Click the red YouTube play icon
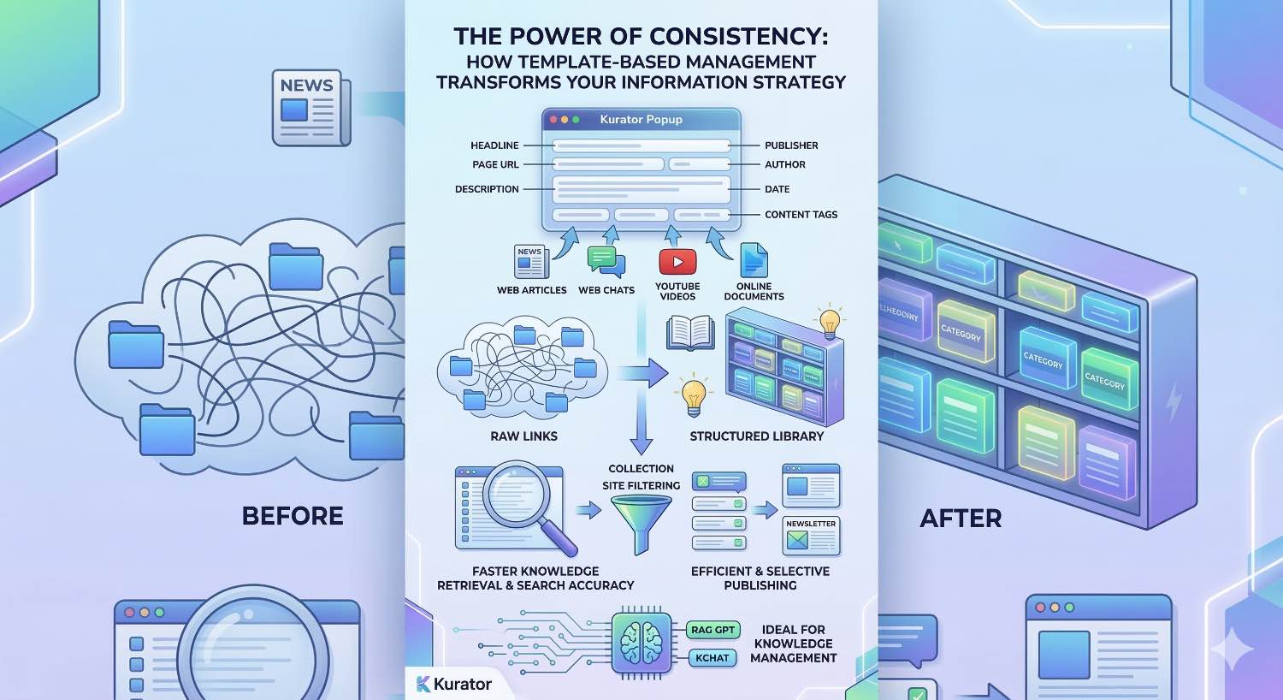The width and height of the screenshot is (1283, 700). [677, 262]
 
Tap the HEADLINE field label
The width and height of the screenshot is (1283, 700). [494, 145]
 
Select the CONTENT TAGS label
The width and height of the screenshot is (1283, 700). [801, 215]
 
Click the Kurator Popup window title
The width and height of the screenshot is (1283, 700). [641, 120]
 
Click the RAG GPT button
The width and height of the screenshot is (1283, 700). [712, 630]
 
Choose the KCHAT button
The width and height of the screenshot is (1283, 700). [712, 658]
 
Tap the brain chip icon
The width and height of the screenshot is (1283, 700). [642, 644]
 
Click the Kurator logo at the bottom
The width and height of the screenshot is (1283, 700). [453, 684]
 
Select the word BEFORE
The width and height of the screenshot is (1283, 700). [293, 516]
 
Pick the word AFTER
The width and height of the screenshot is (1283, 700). [961, 519]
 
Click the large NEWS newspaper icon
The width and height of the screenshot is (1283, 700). [309, 108]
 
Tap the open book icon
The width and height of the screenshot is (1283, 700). [690, 332]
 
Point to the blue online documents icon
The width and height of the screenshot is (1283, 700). [754, 261]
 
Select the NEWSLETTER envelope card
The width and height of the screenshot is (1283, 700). [811, 536]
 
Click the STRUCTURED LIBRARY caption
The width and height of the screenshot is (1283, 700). [756, 436]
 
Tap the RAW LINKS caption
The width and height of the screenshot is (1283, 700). [523, 436]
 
